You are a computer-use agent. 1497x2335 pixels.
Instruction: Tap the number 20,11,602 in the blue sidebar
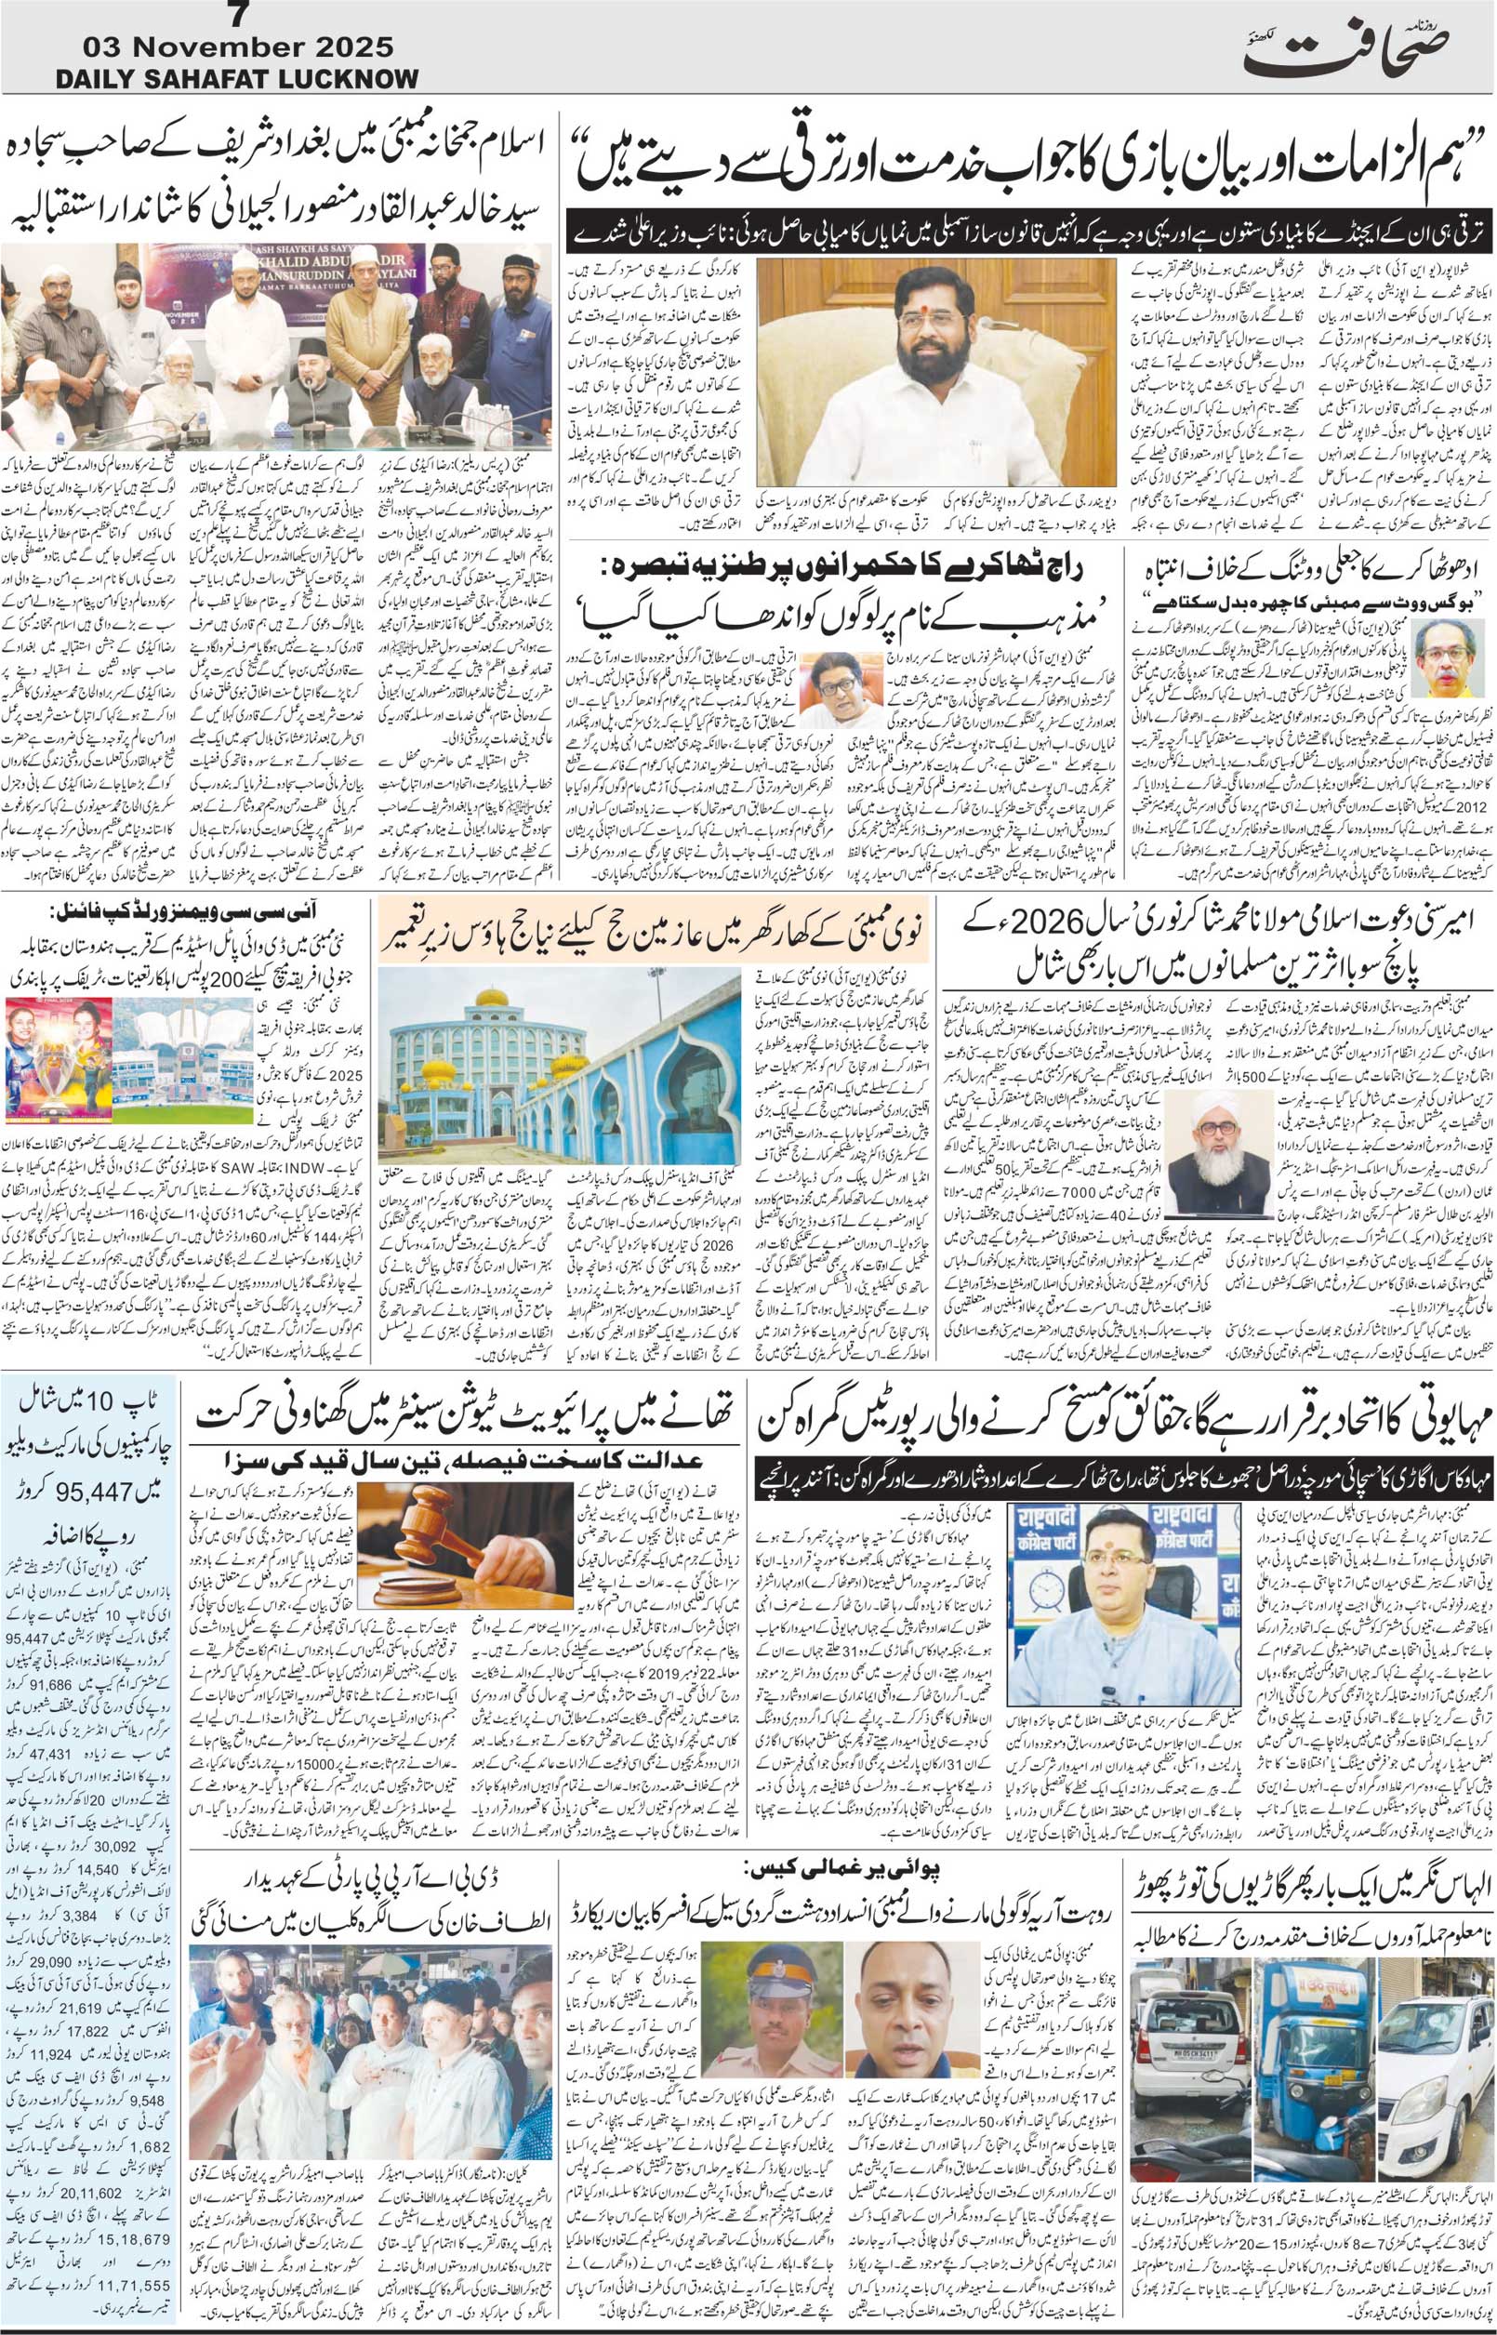tap(84, 2123)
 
